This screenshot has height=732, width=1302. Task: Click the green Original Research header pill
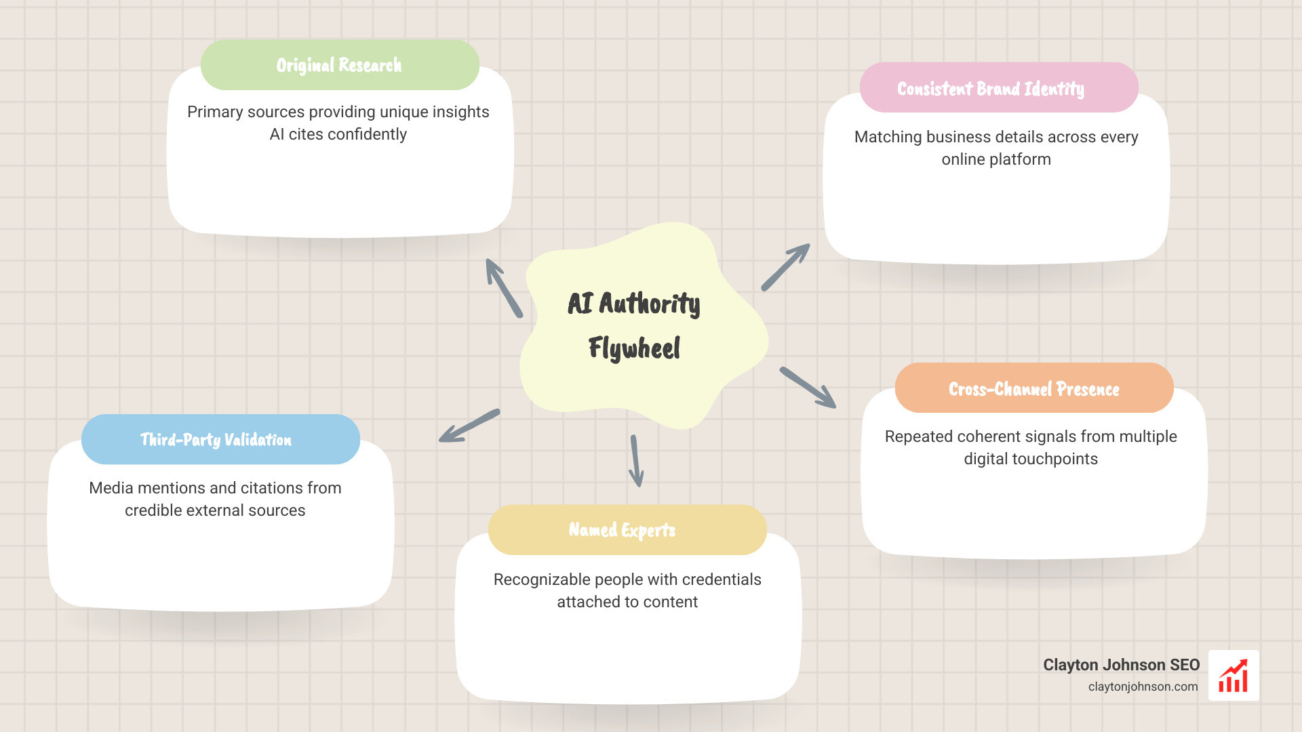coord(340,65)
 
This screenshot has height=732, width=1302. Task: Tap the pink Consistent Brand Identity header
coord(998,88)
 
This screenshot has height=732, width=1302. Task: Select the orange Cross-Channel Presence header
coord(1034,388)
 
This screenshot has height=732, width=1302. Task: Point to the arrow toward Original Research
coord(504,288)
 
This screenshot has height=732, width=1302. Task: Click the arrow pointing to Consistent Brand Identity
coord(785,268)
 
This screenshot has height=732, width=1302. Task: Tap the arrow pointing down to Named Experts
coord(635,461)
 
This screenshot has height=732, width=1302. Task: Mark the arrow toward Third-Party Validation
coord(469,426)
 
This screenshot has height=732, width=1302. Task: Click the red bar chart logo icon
coord(1234,676)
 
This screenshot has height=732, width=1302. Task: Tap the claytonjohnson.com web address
coord(1143,687)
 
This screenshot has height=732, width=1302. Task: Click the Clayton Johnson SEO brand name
coord(1121,665)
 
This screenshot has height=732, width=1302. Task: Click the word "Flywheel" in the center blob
coord(634,348)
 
